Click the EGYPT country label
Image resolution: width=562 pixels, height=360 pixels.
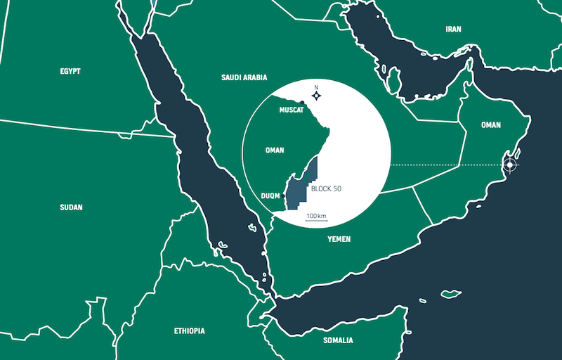click(70, 71)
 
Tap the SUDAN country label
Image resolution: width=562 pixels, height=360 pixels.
click(72, 207)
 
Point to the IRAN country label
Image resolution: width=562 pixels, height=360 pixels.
click(453, 30)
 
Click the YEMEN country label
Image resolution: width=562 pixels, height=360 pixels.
click(339, 240)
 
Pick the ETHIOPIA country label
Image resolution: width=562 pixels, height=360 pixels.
click(190, 330)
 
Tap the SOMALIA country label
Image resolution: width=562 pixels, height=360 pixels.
click(339, 340)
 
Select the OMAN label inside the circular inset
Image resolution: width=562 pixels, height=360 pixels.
click(275, 150)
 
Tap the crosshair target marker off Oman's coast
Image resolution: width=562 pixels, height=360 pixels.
click(509, 165)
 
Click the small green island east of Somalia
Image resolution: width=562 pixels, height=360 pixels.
click(450, 293)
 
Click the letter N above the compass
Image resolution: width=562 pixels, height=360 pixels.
click(316, 87)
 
